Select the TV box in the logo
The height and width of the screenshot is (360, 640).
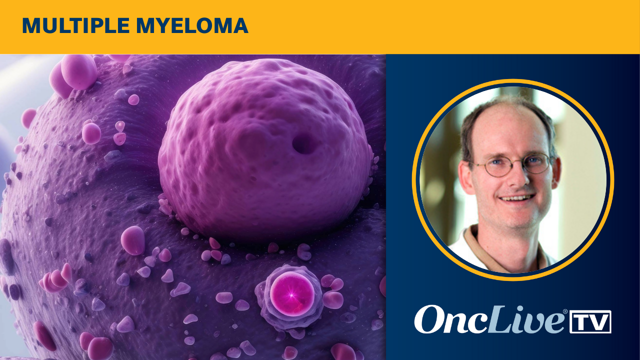590,321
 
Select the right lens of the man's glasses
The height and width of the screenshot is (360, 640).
537,163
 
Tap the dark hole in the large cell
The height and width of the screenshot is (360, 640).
303,144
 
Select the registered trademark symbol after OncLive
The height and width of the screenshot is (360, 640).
565,311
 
